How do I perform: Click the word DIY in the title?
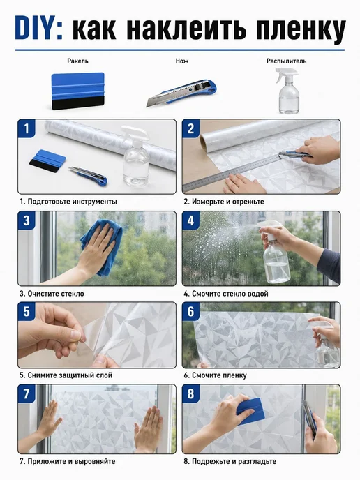click(38, 29)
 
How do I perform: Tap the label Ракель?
click(77, 61)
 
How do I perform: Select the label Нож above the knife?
click(182, 61)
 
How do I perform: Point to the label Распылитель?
click(286, 61)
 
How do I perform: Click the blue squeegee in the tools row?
click(77, 91)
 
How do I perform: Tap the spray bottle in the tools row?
click(287, 91)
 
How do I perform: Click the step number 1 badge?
click(27, 128)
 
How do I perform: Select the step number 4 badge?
click(190, 220)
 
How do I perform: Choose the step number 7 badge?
click(27, 393)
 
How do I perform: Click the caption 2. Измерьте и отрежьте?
click(224, 202)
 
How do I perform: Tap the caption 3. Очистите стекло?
click(52, 294)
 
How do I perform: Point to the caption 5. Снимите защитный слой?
click(66, 375)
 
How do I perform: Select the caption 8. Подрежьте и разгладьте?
click(230, 461)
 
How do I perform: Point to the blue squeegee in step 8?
click(250, 412)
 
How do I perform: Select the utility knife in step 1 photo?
click(88, 176)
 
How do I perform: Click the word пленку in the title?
click(301, 29)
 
